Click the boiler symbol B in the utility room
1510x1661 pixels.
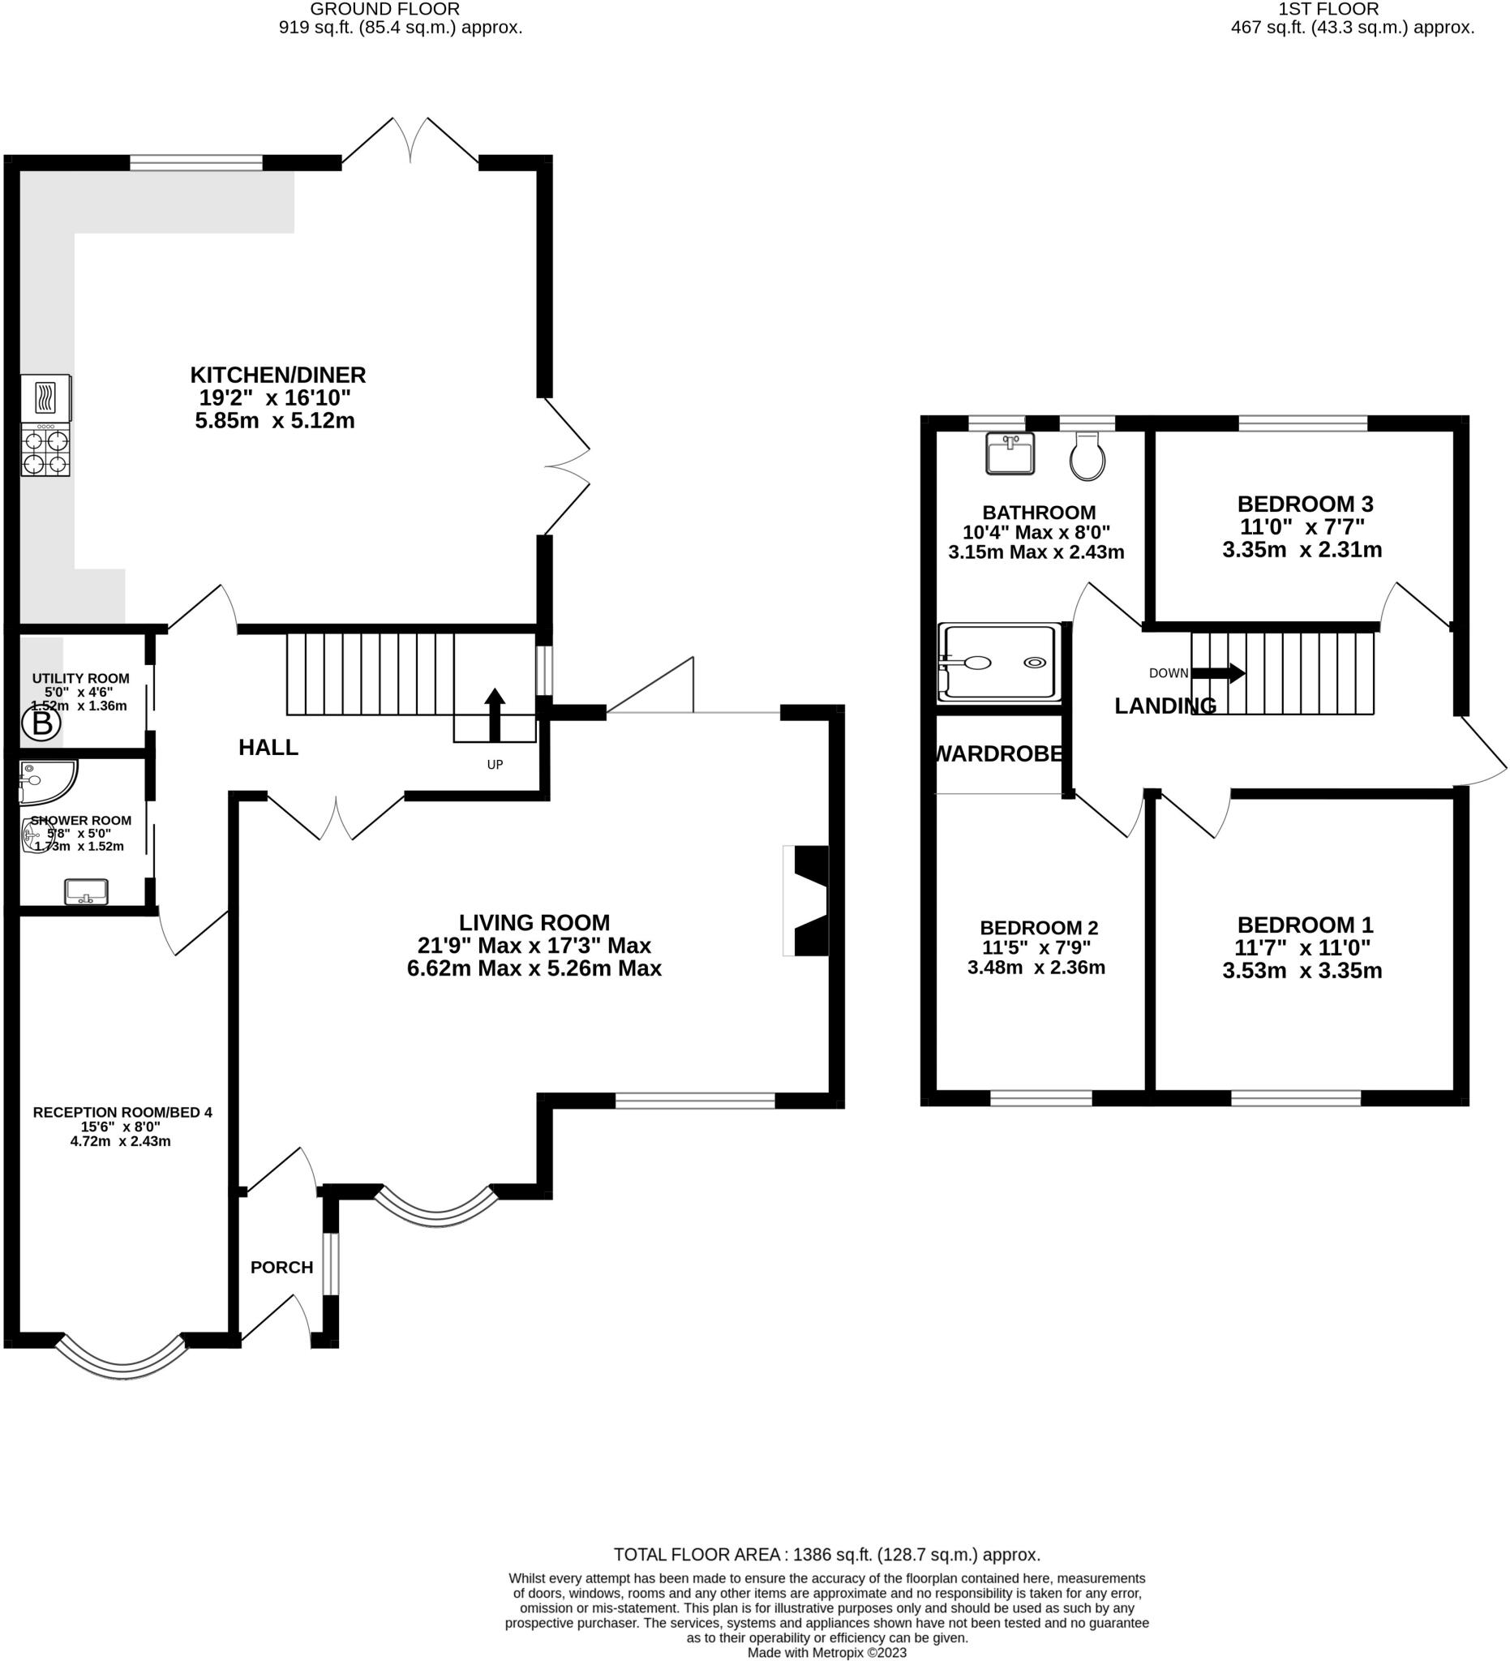(41, 724)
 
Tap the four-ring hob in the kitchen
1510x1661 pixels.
(45, 450)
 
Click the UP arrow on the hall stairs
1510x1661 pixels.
(494, 715)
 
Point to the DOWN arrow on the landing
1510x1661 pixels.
(1218, 673)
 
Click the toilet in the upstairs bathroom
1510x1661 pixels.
(1087, 457)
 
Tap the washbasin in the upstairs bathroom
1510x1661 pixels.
(1010, 454)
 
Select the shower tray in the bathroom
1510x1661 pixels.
(999, 663)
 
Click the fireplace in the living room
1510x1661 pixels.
(804, 900)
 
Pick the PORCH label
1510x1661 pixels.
(281, 1267)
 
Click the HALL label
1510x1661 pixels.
(268, 747)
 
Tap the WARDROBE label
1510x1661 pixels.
(999, 754)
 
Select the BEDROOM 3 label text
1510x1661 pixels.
(1306, 504)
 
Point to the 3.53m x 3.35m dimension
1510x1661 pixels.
(1302, 971)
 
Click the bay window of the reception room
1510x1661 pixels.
(122, 1362)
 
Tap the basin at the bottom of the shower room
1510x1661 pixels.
(87, 891)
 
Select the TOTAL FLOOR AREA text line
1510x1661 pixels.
(827, 1555)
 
